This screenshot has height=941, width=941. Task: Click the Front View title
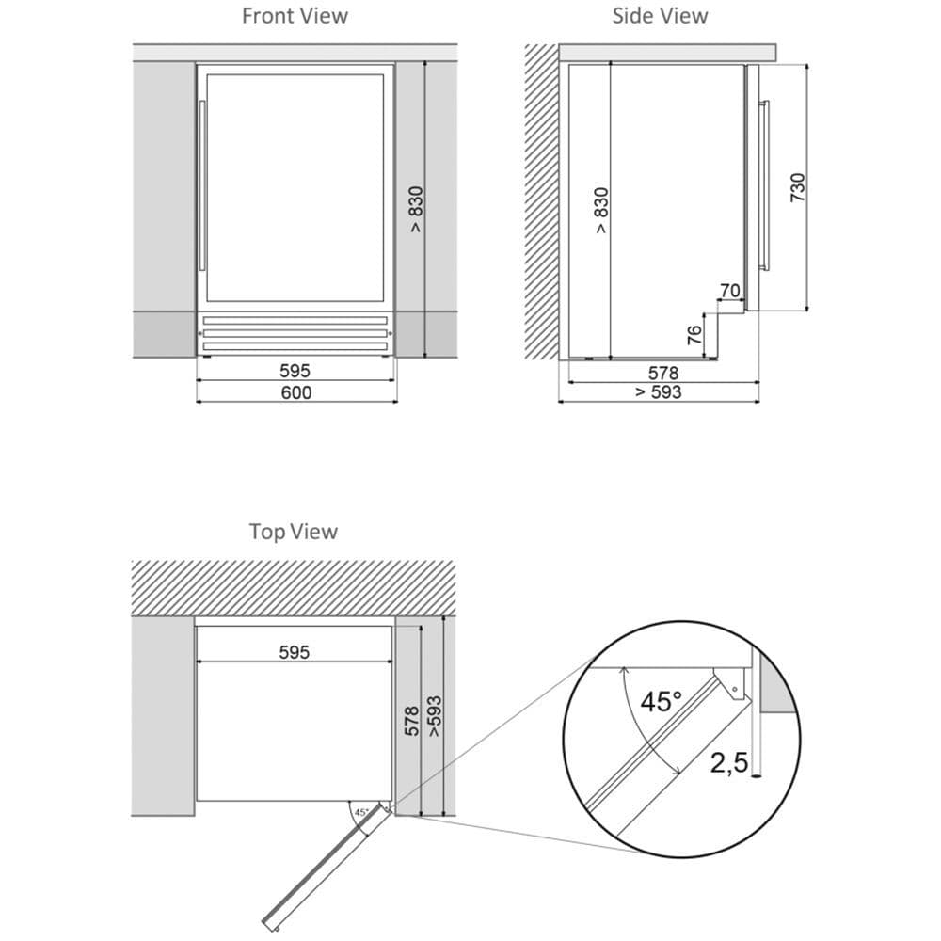(x=295, y=16)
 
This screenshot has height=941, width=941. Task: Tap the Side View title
(x=660, y=16)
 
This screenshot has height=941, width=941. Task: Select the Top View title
(x=294, y=532)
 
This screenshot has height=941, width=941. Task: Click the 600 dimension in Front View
(x=296, y=392)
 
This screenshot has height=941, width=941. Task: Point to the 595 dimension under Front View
(x=295, y=371)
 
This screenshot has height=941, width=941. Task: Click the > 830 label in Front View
(x=415, y=209)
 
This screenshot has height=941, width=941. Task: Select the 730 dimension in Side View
(x=798, y=187)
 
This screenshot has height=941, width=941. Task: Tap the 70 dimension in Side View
(x=730, y=291)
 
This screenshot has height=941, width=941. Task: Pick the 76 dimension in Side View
(x=694, y=335)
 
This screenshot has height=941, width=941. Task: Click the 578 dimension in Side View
(x=663, y=373)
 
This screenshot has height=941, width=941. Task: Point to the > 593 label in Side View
(x=659, y=391)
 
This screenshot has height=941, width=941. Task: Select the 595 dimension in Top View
(x=294, y=652)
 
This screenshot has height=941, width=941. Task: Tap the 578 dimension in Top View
(x=412, y=721)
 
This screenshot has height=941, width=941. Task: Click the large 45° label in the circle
(x=661, y=702)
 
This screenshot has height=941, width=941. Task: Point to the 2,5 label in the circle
(x=729, y=763)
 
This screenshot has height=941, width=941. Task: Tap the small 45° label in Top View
(x=361, y=813)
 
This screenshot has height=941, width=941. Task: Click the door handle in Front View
(x=202, y=185)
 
